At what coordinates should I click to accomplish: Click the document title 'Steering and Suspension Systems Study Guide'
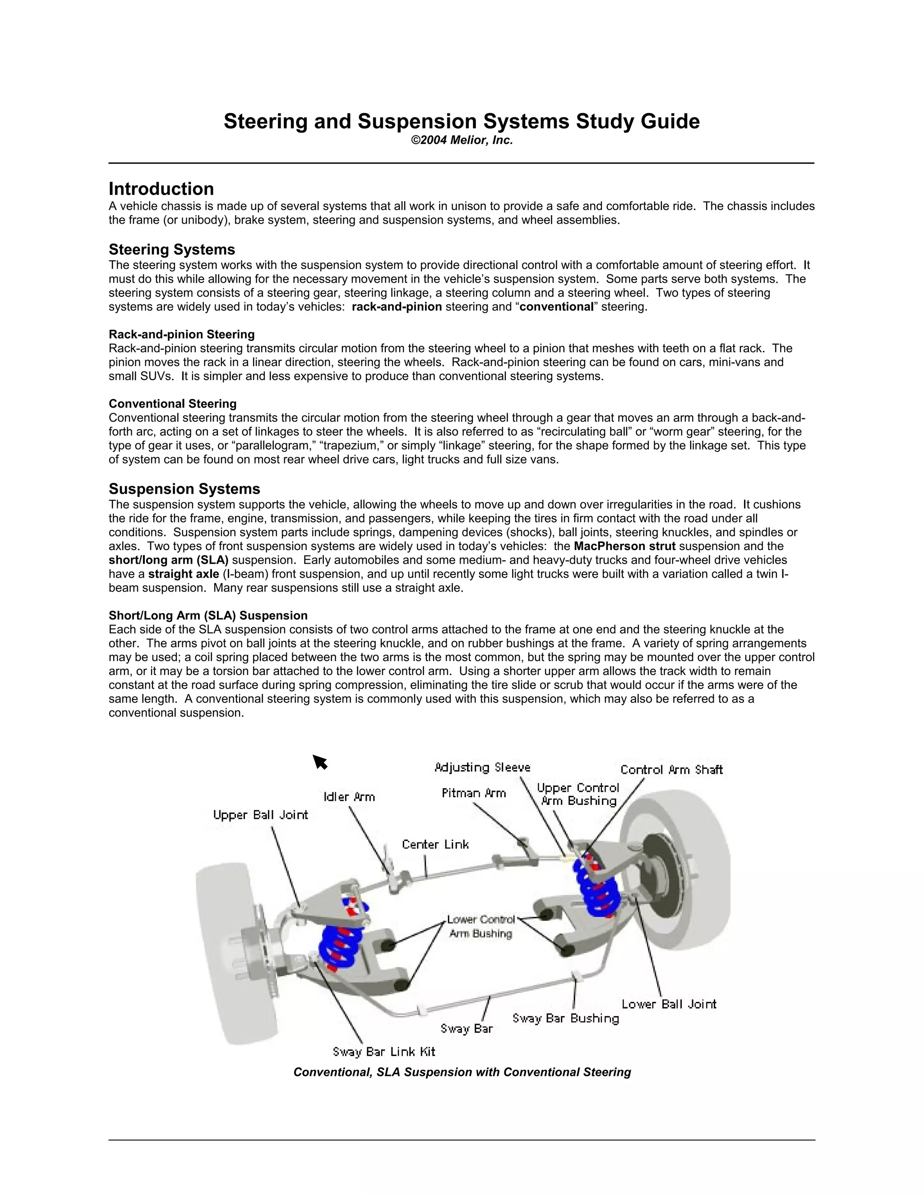[462, 121]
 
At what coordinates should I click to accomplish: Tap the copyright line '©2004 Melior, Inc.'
[462, 141]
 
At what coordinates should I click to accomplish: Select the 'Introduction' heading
[161, 189]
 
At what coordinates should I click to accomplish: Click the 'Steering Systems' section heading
[171, 249]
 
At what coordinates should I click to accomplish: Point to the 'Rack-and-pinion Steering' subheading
[181, 334]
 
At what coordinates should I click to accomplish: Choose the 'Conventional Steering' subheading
[172, 404]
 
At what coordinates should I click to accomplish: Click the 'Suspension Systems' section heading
[184, 489]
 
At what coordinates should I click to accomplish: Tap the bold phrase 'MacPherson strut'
[624, 546]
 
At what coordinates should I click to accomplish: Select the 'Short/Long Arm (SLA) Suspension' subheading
[208, 616]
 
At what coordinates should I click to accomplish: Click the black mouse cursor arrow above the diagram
[320, 762]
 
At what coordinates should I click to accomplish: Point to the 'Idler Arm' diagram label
[349, 797]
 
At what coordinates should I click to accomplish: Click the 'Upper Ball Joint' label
[261, 815]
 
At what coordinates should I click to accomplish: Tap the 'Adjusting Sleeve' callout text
[482, 768]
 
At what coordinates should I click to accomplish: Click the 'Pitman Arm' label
[473, 793]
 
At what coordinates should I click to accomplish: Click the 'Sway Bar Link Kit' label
[384, 1052]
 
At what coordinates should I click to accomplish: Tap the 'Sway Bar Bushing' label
[565, 1018]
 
